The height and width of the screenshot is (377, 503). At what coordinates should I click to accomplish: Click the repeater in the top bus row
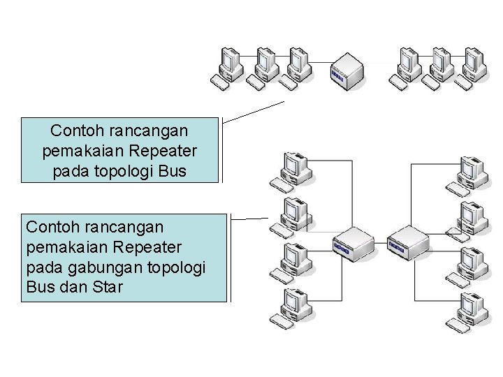[347, 70]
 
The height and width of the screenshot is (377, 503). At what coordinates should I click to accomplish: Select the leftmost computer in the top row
[228, 67]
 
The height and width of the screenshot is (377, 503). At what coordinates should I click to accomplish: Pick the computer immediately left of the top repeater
[297, 67]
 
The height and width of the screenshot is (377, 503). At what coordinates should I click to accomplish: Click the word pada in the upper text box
[68, 170]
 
